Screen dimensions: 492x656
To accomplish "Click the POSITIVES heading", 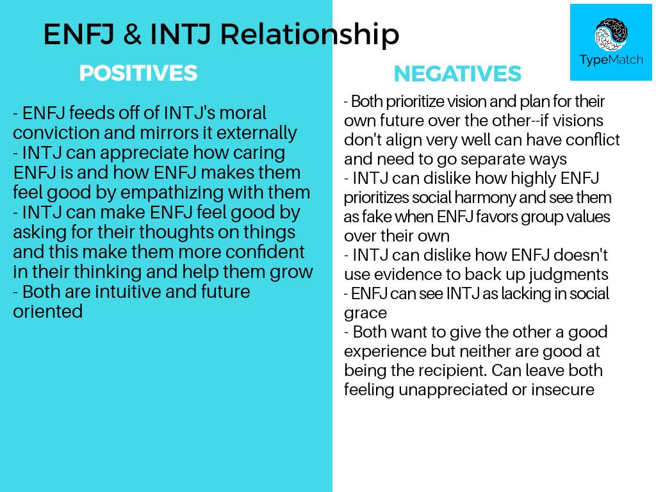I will (x=138, y=73).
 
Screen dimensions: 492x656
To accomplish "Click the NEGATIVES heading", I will (x=457, y=74).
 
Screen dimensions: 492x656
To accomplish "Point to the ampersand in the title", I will (x=131, y=34).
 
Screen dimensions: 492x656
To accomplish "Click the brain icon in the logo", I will (x=611, y=34).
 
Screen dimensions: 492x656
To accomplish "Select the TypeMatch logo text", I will (x=611, y=60).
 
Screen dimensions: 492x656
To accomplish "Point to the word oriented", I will (x=48, y=311).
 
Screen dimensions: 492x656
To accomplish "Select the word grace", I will (x=365, y=313).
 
